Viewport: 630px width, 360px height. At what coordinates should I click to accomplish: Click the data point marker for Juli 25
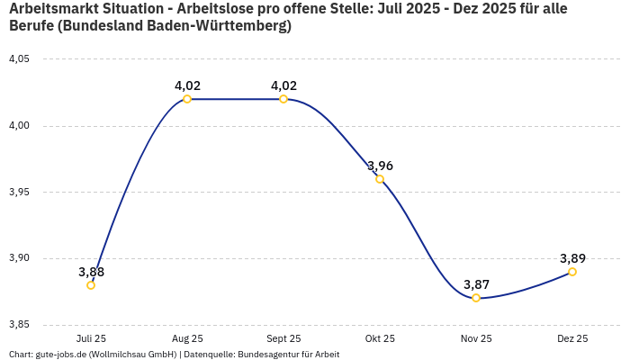tap(91, 285)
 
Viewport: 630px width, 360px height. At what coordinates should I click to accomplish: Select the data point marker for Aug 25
tap(187, 99)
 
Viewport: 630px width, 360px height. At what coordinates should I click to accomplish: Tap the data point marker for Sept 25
tap(283, 99)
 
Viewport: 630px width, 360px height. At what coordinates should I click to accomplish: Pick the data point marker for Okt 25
tap(380, 179)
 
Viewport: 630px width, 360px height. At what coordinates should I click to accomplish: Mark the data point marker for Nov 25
tap(476, 298)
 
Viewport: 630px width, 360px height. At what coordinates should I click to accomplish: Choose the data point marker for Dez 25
tap(572, 272)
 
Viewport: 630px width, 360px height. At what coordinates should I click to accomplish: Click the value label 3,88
tap(91, 272)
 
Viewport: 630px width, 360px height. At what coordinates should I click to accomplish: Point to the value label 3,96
tap(380, 166)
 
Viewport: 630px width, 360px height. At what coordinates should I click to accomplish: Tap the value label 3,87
tap(476, 284)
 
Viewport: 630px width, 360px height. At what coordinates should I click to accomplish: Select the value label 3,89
tap(572, 258)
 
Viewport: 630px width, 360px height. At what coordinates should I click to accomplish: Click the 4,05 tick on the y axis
tap(19, 59)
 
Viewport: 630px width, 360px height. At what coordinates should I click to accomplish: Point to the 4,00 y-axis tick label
tap(19, 126)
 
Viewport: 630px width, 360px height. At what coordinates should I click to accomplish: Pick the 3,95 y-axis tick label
tap(19, 193)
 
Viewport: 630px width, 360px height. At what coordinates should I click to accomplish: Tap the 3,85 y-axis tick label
tap(19, 325)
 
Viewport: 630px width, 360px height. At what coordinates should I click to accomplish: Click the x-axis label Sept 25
tap(283, 339)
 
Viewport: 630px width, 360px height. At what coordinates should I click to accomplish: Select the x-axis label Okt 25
tap(380, 339)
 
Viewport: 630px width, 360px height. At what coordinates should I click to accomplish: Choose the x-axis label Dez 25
tap(572, 339)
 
